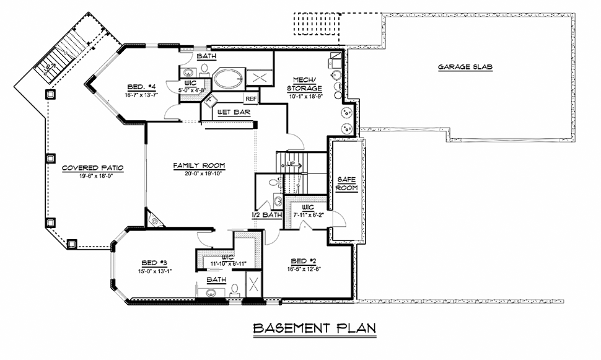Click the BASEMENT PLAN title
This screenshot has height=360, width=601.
coord(315,328)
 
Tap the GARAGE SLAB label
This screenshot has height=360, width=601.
coord(465,67)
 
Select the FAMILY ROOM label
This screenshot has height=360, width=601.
coord(199,165)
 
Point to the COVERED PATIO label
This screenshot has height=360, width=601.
coord(92,168)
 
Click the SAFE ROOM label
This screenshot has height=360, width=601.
coord(346,183)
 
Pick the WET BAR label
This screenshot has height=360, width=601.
coord(234,112)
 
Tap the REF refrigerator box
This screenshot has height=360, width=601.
coord(251,99)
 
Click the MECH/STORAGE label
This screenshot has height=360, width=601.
coord(304,84)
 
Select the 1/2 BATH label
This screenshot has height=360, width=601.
coord(267,215)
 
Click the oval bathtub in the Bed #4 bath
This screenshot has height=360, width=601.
coord(228,78)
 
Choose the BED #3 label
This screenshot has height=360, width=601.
coord(154,263)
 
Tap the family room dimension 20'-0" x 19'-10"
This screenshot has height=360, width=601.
coord(199,173)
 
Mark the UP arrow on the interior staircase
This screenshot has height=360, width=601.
coord(293,164)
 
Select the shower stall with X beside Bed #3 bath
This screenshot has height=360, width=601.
coord(253,284)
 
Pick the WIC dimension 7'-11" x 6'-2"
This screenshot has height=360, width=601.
coord(308,215)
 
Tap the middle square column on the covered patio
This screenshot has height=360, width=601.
coord(51,158)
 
